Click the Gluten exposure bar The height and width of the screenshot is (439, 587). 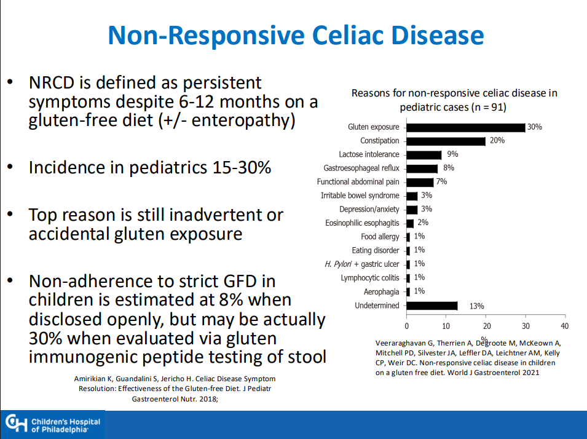point(466,127)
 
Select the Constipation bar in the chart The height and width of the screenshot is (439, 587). point(446,141)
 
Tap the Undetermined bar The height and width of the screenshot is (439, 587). point(432,306)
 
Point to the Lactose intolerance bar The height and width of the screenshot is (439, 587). point(424,154)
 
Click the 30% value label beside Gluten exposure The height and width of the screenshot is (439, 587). point(534,127)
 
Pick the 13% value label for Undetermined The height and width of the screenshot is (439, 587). point(476,306)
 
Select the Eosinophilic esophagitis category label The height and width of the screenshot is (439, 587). point(362,223)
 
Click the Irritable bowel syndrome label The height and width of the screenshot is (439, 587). point(360,196)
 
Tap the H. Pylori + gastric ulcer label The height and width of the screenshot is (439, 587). point(361,264)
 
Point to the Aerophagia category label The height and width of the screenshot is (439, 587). point(381,291)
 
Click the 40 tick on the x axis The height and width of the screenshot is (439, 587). point(564,325)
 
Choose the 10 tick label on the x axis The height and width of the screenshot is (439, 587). point(446,325)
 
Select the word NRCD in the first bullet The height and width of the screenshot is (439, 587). point(51,83)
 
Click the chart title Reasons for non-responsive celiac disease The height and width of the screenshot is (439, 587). point(454,93)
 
